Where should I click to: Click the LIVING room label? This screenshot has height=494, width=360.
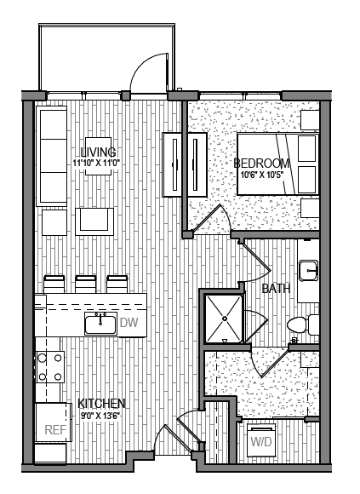pos(98,151)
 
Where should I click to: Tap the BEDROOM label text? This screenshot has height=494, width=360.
pos(262,164)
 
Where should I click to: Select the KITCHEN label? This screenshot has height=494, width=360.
pos(102,403)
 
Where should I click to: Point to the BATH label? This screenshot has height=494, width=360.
pos(276,289)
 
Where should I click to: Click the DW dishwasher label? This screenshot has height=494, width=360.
pos(129,322)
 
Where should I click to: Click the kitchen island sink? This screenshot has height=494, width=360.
pos(100,323)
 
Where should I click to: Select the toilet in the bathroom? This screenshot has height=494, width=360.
pos(300,325)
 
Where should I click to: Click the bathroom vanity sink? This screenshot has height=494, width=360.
pos(310,271)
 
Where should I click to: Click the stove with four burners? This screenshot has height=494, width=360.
pos(50,367)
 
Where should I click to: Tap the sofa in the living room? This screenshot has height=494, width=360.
pos(51,156)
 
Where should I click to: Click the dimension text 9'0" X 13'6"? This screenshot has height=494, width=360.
pos(102,416)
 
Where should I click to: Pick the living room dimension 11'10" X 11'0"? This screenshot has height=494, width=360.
pos(98,162)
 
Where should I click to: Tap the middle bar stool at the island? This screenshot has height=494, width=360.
pos(85,284)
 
